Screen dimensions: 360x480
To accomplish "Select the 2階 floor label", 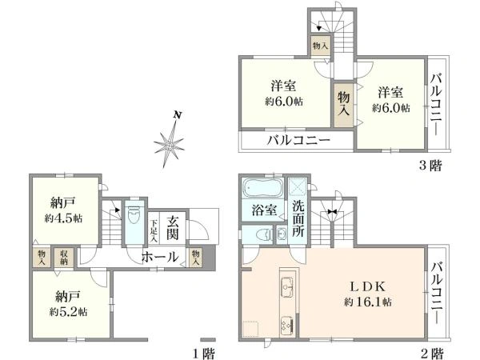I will pyautogui.click(x=433, y=353).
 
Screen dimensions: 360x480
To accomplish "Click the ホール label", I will pyautogui.click(x=160, y=257).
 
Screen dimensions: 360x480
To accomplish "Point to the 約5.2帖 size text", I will pyautogui.click(x=70, y=310).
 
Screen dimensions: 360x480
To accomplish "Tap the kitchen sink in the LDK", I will pyautogui.click(x=285, y=286).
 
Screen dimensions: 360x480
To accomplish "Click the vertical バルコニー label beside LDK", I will pyautogui.click(x=437, y=294).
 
